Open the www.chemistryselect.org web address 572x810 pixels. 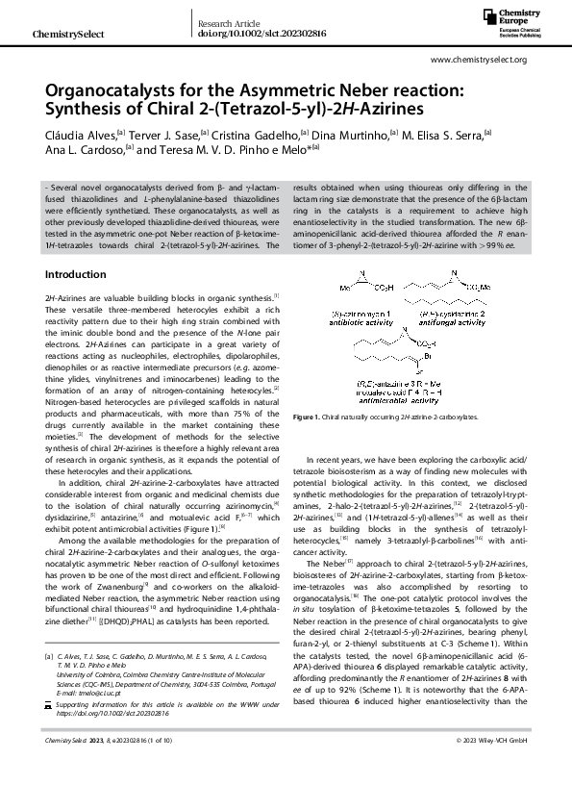tap(479, 60)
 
